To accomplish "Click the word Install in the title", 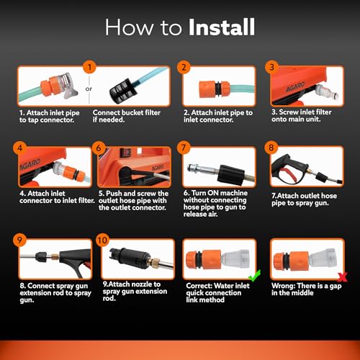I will coord(222,28).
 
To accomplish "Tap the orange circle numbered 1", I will coord(90,67).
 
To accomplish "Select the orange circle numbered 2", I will coord(184,68).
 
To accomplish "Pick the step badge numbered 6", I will coord(100,148).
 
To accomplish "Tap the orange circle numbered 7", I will coord(185,148).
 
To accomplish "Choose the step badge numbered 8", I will coord(271,148).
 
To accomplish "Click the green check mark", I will coord(253,276).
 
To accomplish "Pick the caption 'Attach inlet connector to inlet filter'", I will coord(46,197).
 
